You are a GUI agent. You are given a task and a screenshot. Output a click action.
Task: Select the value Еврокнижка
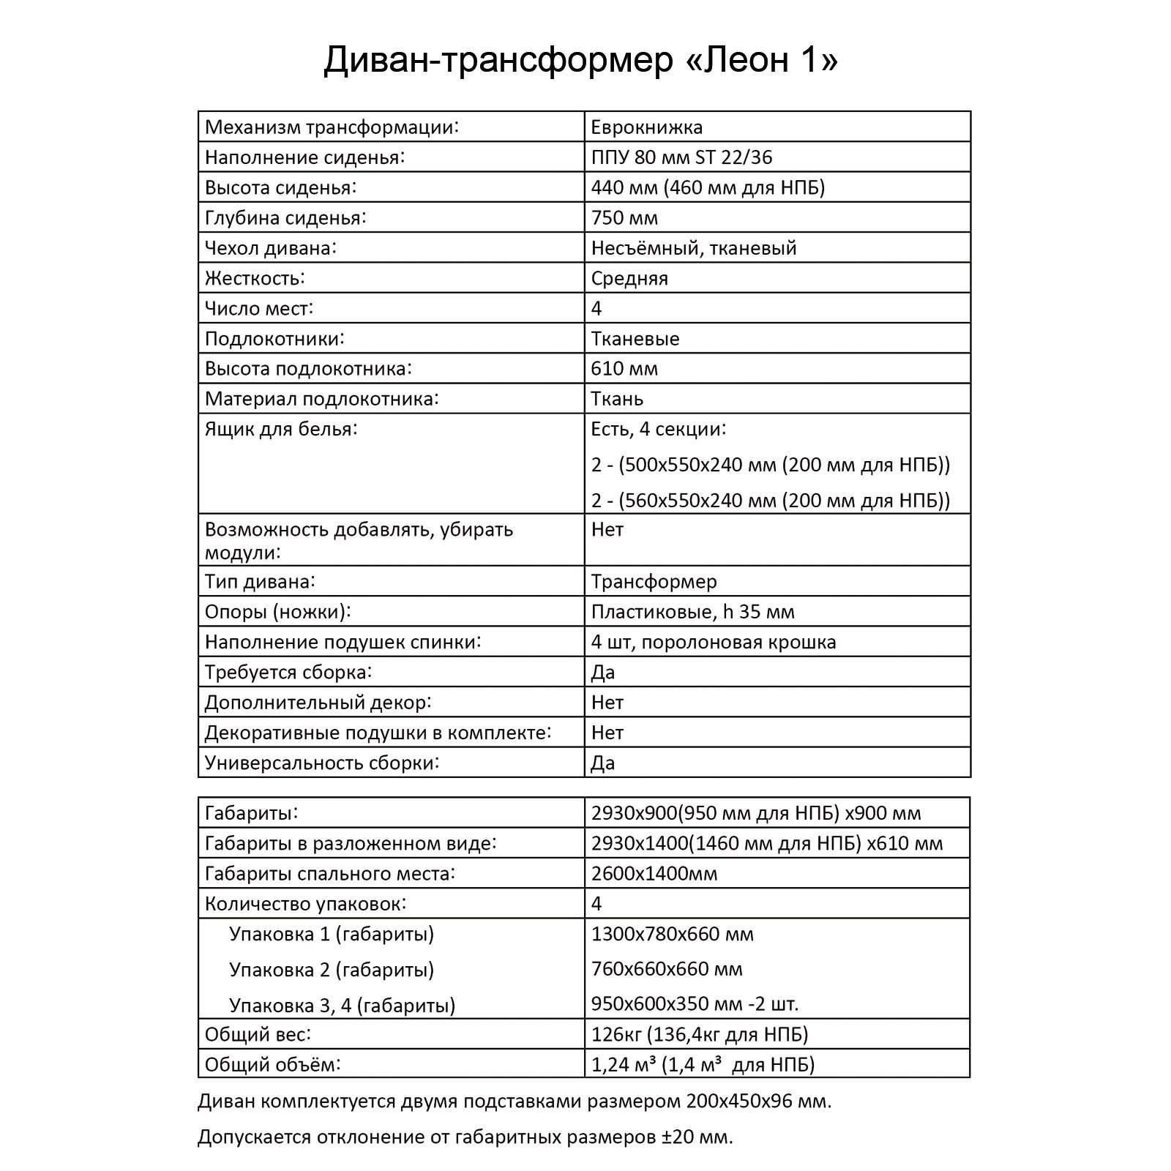(x=647, y=127)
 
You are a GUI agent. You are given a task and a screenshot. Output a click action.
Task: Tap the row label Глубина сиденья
(x=285, y=218)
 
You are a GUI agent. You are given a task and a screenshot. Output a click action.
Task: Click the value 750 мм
(x=624, y=218)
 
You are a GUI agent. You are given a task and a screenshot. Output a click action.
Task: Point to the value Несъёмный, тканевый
(x=693, y=248)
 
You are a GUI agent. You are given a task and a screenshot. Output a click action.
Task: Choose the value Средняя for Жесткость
(x=629, y=279)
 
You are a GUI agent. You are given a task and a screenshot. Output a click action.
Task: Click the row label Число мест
(x=259, y=309)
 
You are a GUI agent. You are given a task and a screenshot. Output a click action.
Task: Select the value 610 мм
(x=624, y=369)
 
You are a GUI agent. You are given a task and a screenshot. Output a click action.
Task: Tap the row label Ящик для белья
(x=281, y=429)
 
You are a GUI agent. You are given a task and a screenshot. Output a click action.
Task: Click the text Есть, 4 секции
(x=658, y=429)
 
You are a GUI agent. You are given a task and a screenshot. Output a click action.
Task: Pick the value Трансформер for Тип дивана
(x=654, y=582)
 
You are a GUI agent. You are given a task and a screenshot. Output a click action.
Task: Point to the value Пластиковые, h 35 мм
(x=692, y=612)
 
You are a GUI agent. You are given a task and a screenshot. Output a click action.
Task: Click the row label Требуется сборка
(x=288, y=673)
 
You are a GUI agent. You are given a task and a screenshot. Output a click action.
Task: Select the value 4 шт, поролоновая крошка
(x=713, y=643)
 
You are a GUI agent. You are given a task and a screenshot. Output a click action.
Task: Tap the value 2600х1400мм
(x=654, y=874)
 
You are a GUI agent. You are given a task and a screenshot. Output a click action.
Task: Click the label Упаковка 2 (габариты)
(x=332, y=970)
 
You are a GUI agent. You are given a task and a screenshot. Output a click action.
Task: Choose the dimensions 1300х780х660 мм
(x=672, y=934)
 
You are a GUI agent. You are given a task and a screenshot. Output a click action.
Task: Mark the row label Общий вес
(x=258, y=1035)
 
